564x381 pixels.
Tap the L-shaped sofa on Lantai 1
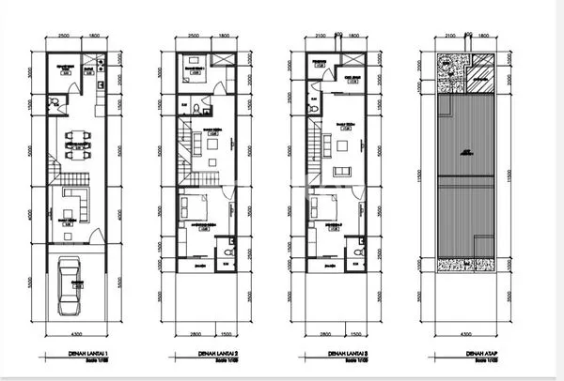(x=71, y=201)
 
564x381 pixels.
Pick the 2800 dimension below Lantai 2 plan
(x=195, y=333)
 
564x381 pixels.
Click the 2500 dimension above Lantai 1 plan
(x=63, y=38)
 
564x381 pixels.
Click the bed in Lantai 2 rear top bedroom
(x=194, y=73)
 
